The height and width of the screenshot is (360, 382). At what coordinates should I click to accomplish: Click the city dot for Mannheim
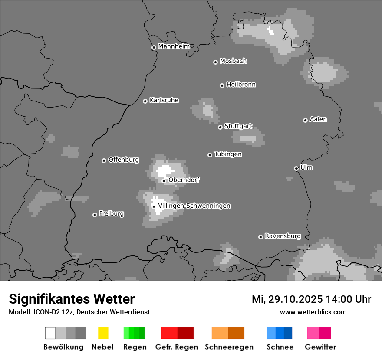[x=153, y=48]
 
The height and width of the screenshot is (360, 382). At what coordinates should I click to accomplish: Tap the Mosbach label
[x=233, y=61]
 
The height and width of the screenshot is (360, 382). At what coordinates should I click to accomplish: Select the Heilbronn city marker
[x=222, y=85]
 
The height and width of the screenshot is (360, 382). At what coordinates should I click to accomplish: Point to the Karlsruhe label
[x=164, y=100]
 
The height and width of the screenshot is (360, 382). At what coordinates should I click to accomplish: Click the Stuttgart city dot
[x=220, y=127]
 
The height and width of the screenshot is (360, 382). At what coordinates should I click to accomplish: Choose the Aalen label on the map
[x=318, y=119]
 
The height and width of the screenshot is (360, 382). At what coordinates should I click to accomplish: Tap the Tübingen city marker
[x=210, y=155]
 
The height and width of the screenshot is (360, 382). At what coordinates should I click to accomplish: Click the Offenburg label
[x=124, y=160]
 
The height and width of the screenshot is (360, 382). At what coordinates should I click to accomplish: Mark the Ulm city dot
[x=296, y=168]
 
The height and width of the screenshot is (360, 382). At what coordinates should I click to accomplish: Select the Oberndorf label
[x=184, y=180]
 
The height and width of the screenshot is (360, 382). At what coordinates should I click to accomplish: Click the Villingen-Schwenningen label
[x=194, y=206]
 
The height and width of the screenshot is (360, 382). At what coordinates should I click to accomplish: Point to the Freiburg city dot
[x=95, y=215]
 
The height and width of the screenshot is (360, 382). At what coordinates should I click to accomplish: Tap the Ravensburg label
[x=283, y=236]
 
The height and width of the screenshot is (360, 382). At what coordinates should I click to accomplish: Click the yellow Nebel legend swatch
[x=103, y=333]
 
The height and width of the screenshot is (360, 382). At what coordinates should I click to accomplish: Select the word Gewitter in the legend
[x=320, y=347]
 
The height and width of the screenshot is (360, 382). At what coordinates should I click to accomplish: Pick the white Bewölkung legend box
[x=50, y=333]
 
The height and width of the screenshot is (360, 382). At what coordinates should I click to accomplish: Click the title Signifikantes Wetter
[x=72, y=299]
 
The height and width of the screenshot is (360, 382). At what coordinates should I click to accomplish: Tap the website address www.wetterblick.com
[x=313, y=312]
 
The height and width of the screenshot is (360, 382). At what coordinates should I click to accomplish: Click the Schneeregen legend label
[x=229, y=347]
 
